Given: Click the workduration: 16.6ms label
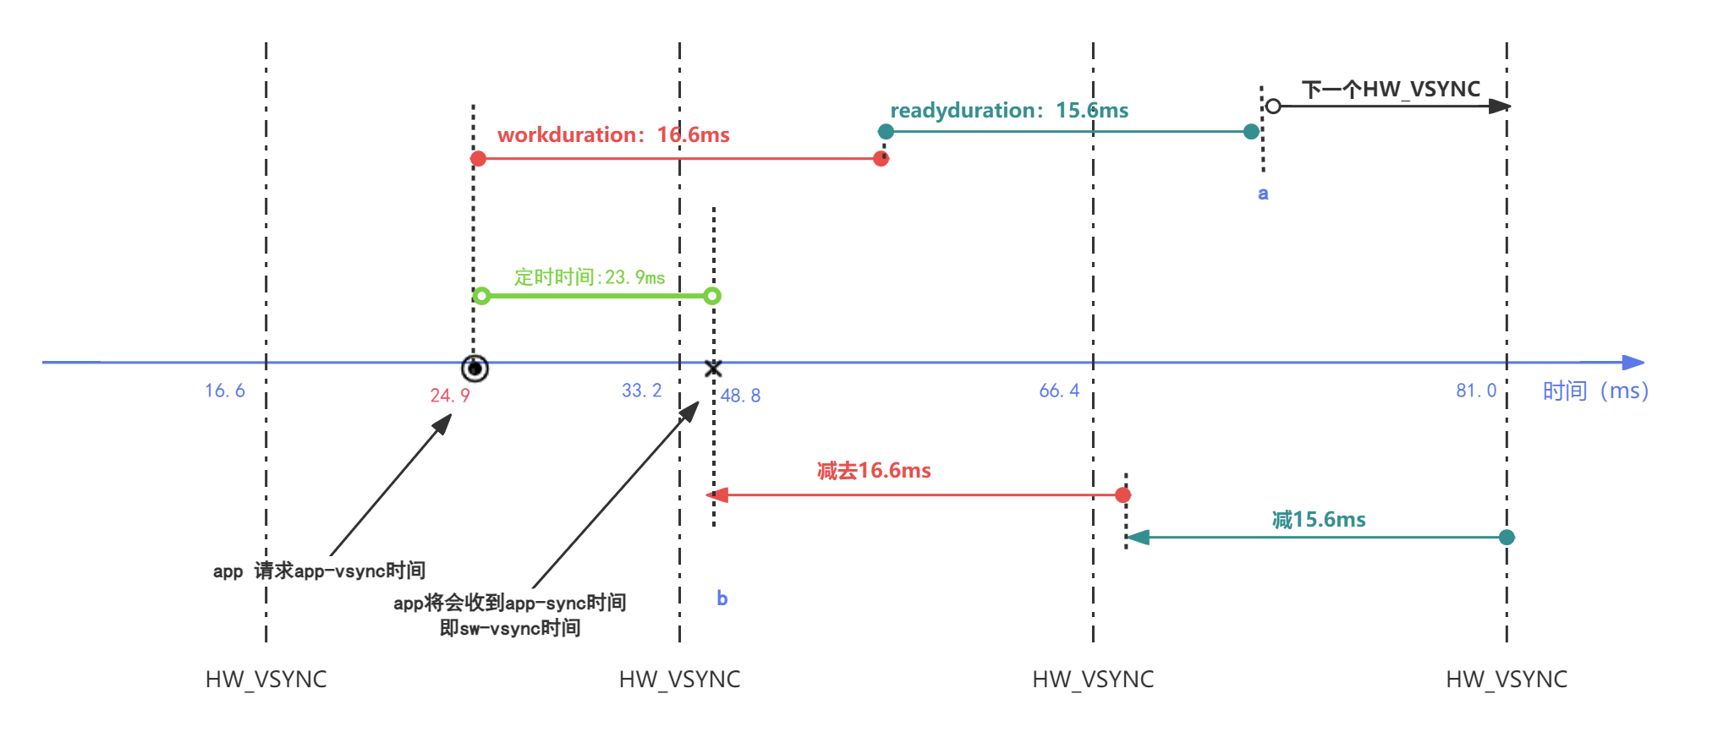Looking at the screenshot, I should click(x=613, y=135).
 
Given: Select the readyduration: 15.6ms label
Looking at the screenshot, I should click(x=1008, y=111).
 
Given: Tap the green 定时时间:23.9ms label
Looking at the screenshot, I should click(x=589, y=277).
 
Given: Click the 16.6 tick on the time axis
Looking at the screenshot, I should click(x=225, y=391).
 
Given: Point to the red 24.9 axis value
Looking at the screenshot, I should click(x=449, y=396).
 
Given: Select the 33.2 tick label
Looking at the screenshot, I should click(x=641, y=391).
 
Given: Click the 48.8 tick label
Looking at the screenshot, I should click(x=740, y=396).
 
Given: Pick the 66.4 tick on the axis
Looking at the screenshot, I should click(x=1059, y=391).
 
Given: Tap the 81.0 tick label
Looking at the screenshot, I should click(x=1476, y=391).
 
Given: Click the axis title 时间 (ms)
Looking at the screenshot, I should click(x=1595, y=391).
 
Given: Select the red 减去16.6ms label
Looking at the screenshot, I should click(x=874, y=471).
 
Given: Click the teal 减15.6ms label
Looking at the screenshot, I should click(x=1319, y=520).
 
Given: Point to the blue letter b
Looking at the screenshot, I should click(x=722, y=598).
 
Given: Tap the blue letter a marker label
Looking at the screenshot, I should click(x=1263, y=194).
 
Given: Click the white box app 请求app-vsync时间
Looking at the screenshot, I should click(x=319, y=571).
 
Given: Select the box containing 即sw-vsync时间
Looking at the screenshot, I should click(x=510, y=615).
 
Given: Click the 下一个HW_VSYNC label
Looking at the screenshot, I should click(x=1391, y=89).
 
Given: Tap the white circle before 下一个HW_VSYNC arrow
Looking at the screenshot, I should click(x=1273, y=107).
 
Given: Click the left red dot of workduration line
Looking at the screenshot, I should click(x=478, y=159).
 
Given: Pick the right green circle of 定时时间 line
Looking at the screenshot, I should click(x=712, y=296).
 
